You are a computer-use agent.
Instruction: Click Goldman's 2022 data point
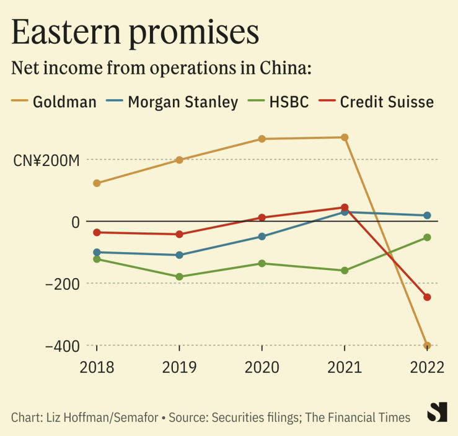[427, 346]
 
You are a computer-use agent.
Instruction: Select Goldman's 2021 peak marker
[345, 137]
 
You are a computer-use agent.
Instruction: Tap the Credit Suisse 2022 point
[427, 297]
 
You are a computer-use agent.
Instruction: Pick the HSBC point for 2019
[179, 277]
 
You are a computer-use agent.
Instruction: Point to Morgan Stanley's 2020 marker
[262, 236]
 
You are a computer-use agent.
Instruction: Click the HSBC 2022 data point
[427, 237]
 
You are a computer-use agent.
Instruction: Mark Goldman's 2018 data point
[97, 183]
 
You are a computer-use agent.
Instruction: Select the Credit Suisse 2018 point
[97, 232]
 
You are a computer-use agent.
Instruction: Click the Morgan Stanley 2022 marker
[427, 216]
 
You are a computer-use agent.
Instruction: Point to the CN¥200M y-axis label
[46, 160]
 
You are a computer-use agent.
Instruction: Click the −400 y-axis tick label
[62, 346]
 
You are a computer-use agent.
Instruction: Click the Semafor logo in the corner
[438, 412]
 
